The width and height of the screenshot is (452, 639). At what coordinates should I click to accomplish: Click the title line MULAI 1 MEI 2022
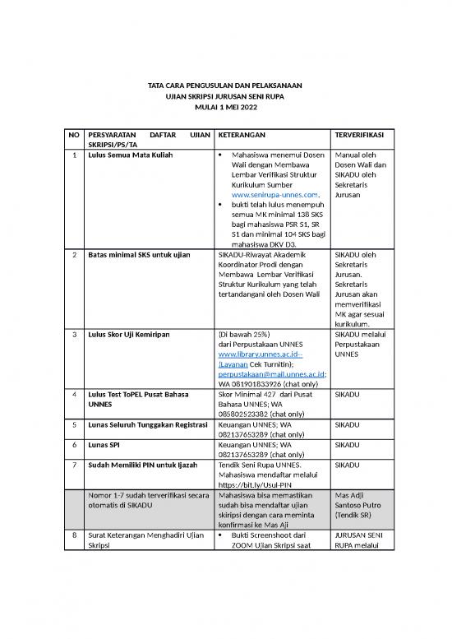tap(225, 108)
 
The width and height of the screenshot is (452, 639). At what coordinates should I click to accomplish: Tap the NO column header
tap(74, 133)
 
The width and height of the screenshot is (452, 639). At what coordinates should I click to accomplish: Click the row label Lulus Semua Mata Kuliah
tap(131, 154)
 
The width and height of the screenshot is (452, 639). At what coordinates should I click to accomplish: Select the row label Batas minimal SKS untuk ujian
tap(139, 255)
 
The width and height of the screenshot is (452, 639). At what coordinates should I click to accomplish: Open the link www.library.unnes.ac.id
tap(260, 354)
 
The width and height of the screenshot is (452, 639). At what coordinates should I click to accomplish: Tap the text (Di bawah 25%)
tap(244, 335)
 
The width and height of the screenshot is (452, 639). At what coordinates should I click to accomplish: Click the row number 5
tap(74, 425)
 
